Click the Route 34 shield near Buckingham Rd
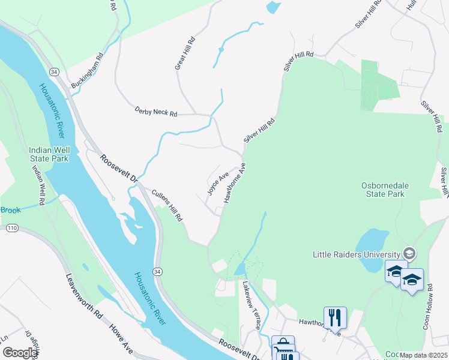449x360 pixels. (x=55, y=71)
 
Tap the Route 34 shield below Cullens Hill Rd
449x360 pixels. (x=157, y=273)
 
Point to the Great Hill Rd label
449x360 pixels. (x=185, y=54)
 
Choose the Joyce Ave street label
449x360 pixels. (x=218, y=184)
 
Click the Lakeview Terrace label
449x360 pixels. (x=251, y=306)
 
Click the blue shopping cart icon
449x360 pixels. (x=283, y=346)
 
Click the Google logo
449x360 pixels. (x=20, y=353)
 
